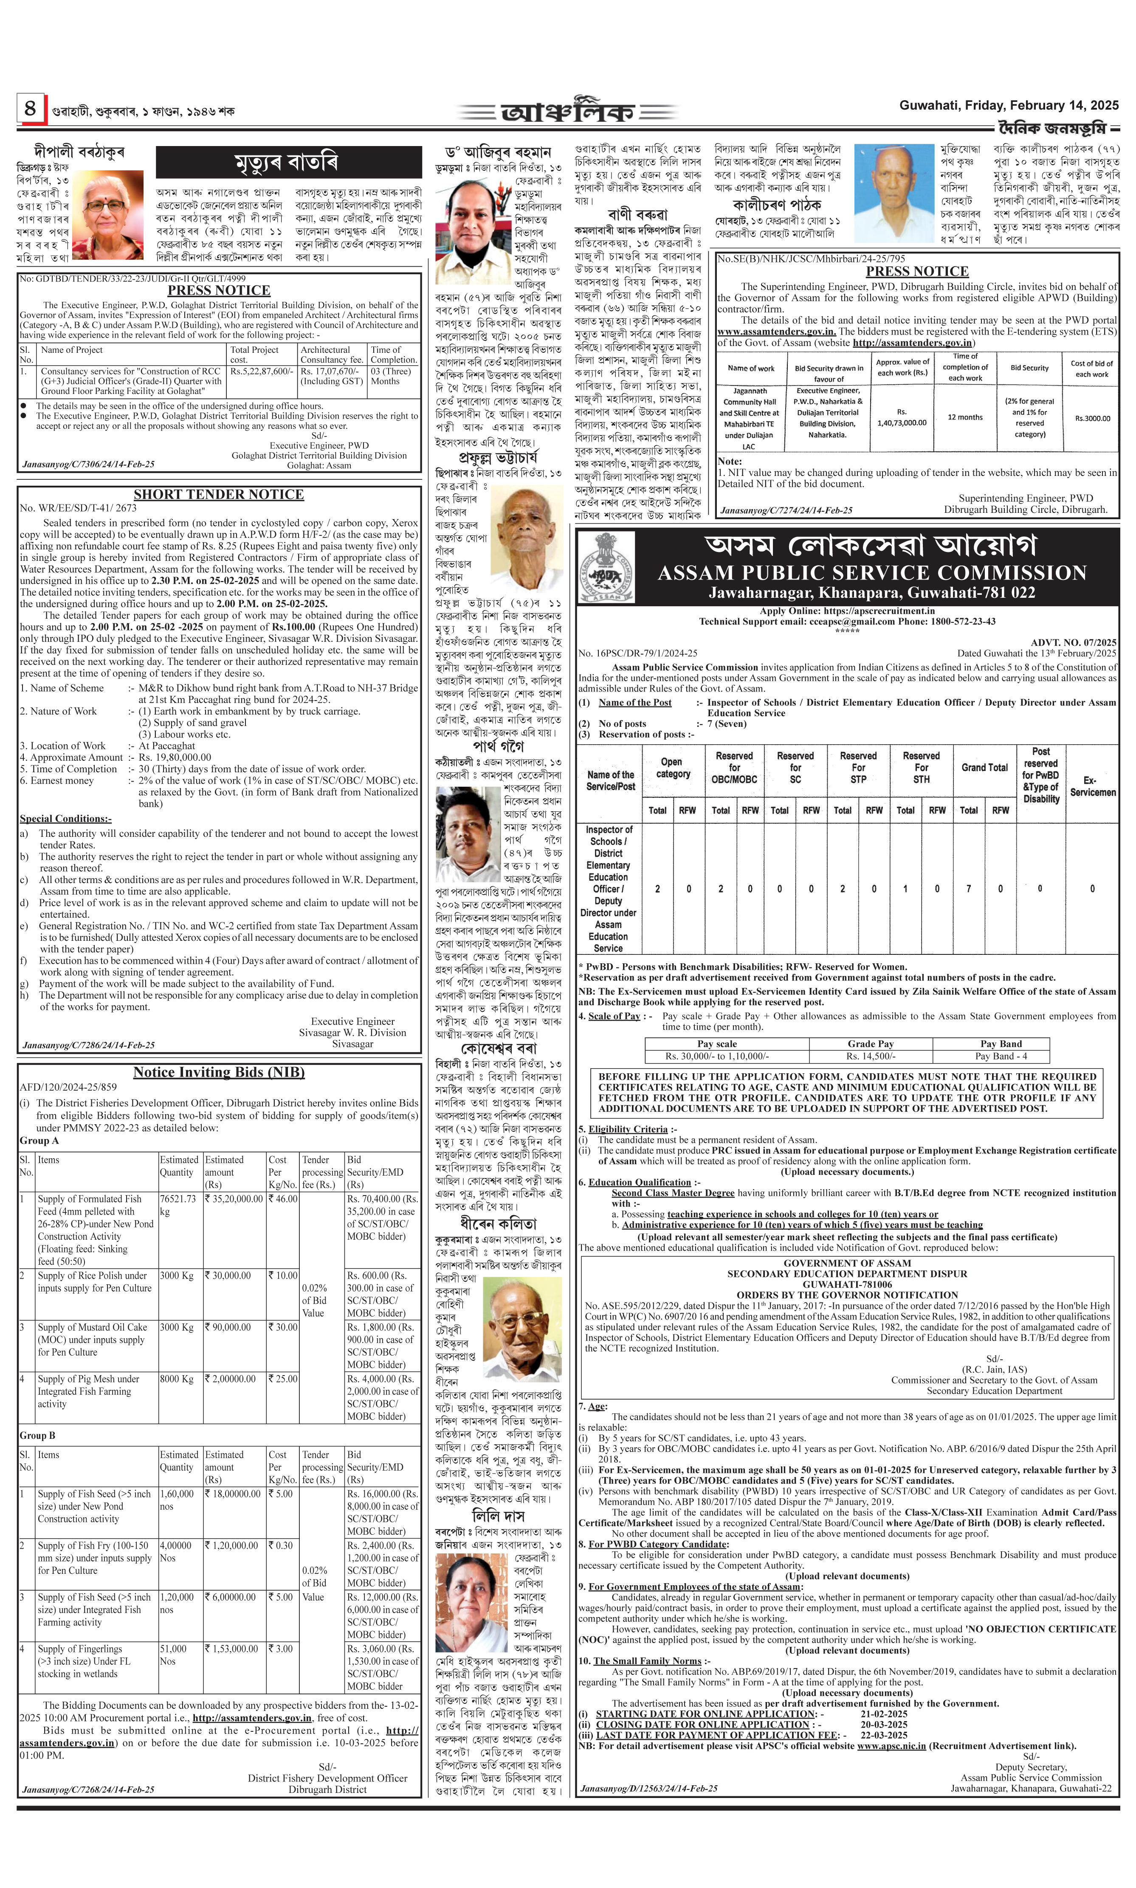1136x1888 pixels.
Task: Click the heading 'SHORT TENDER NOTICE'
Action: click(x=219, y=494)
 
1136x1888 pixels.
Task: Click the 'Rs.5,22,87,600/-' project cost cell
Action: click(x=261, y=371)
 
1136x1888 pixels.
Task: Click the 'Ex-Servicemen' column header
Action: click(x=1092, y=786)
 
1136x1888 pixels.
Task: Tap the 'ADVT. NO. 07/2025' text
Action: click(x=1073, y=643)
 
